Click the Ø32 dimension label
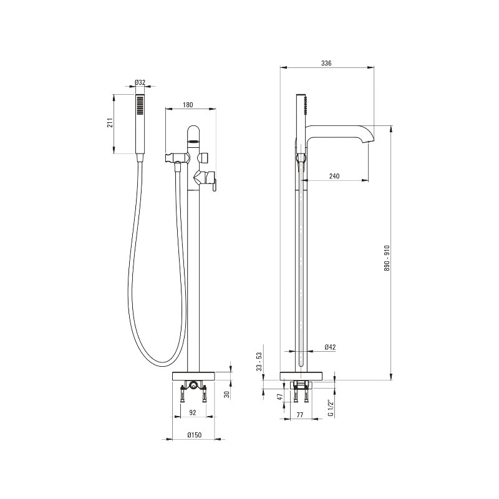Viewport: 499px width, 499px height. pyautogui.click(x=140, y=82)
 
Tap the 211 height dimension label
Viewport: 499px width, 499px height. pyautogui.click(x=110, y=123)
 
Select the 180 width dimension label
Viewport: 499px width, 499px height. pyautogui.click(x=188, y=105)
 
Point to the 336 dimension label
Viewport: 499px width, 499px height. pyautogui.click(x=326, y=63)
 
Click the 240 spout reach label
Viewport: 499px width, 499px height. pyautogui.click(x=334, y=176)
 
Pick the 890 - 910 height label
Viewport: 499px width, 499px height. pyautogui.click(x=387, y=258)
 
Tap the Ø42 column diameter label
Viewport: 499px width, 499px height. pyautogui.click(x=330, y=347)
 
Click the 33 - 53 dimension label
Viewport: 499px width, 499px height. pyautogui.click(x=259, y=362)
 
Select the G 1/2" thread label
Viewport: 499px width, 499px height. pyautogui.click(x=331, y=409)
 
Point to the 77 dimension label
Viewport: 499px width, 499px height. pyautogui.click(x=300, y=415)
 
